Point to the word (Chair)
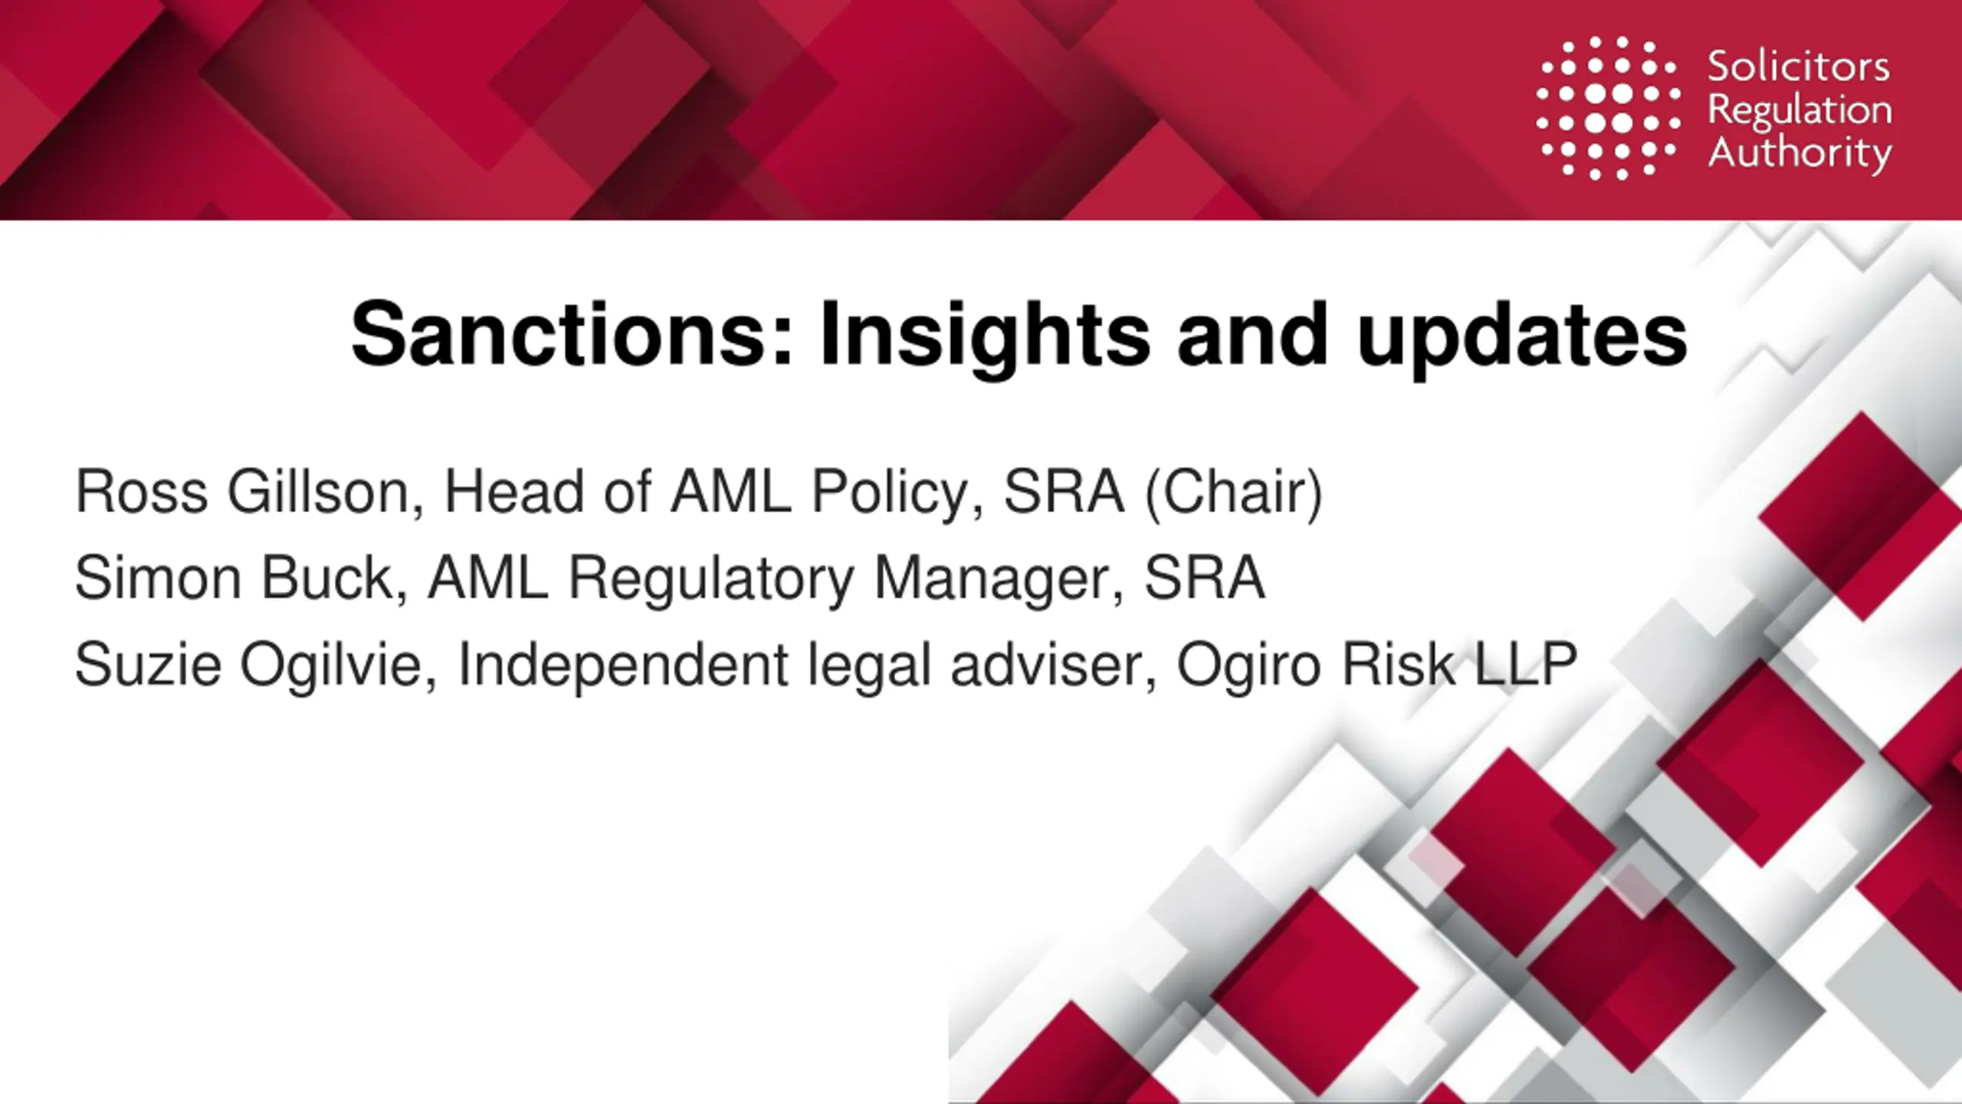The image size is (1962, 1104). (x=1233, y=493)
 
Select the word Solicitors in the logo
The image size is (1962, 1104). (x=1798, y=67)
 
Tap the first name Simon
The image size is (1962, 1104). (x=158, y=579)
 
